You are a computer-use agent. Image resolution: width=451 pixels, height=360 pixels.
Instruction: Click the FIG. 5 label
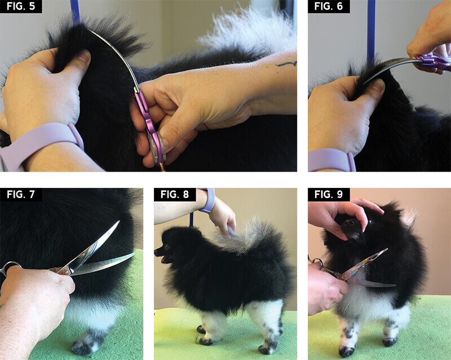[21, 6]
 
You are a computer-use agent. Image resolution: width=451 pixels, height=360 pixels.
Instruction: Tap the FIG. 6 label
[329, 6]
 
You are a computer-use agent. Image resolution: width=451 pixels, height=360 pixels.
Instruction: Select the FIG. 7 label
[21, 195]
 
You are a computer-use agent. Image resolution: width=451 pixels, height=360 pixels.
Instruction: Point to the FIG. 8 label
[175, 195]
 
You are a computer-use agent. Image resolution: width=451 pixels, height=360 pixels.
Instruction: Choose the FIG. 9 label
[329, 195]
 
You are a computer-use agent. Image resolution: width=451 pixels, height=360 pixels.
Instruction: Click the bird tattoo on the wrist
[286, 64]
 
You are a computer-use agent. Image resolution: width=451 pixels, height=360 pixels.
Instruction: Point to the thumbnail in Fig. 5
[84, 56]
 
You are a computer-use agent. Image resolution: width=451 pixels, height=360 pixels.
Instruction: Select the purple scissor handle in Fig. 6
[434, 62]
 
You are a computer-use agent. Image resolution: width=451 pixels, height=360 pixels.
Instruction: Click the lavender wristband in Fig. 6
[331, 160]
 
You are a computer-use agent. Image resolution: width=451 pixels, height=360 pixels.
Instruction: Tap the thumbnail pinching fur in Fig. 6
[378, 86]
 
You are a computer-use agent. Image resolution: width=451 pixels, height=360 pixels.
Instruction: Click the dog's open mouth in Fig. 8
[165, 259]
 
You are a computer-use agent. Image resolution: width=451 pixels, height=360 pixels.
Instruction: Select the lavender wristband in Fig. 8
[209, 200]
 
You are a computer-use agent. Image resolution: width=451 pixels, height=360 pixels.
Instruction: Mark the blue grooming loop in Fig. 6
[371, 32]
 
